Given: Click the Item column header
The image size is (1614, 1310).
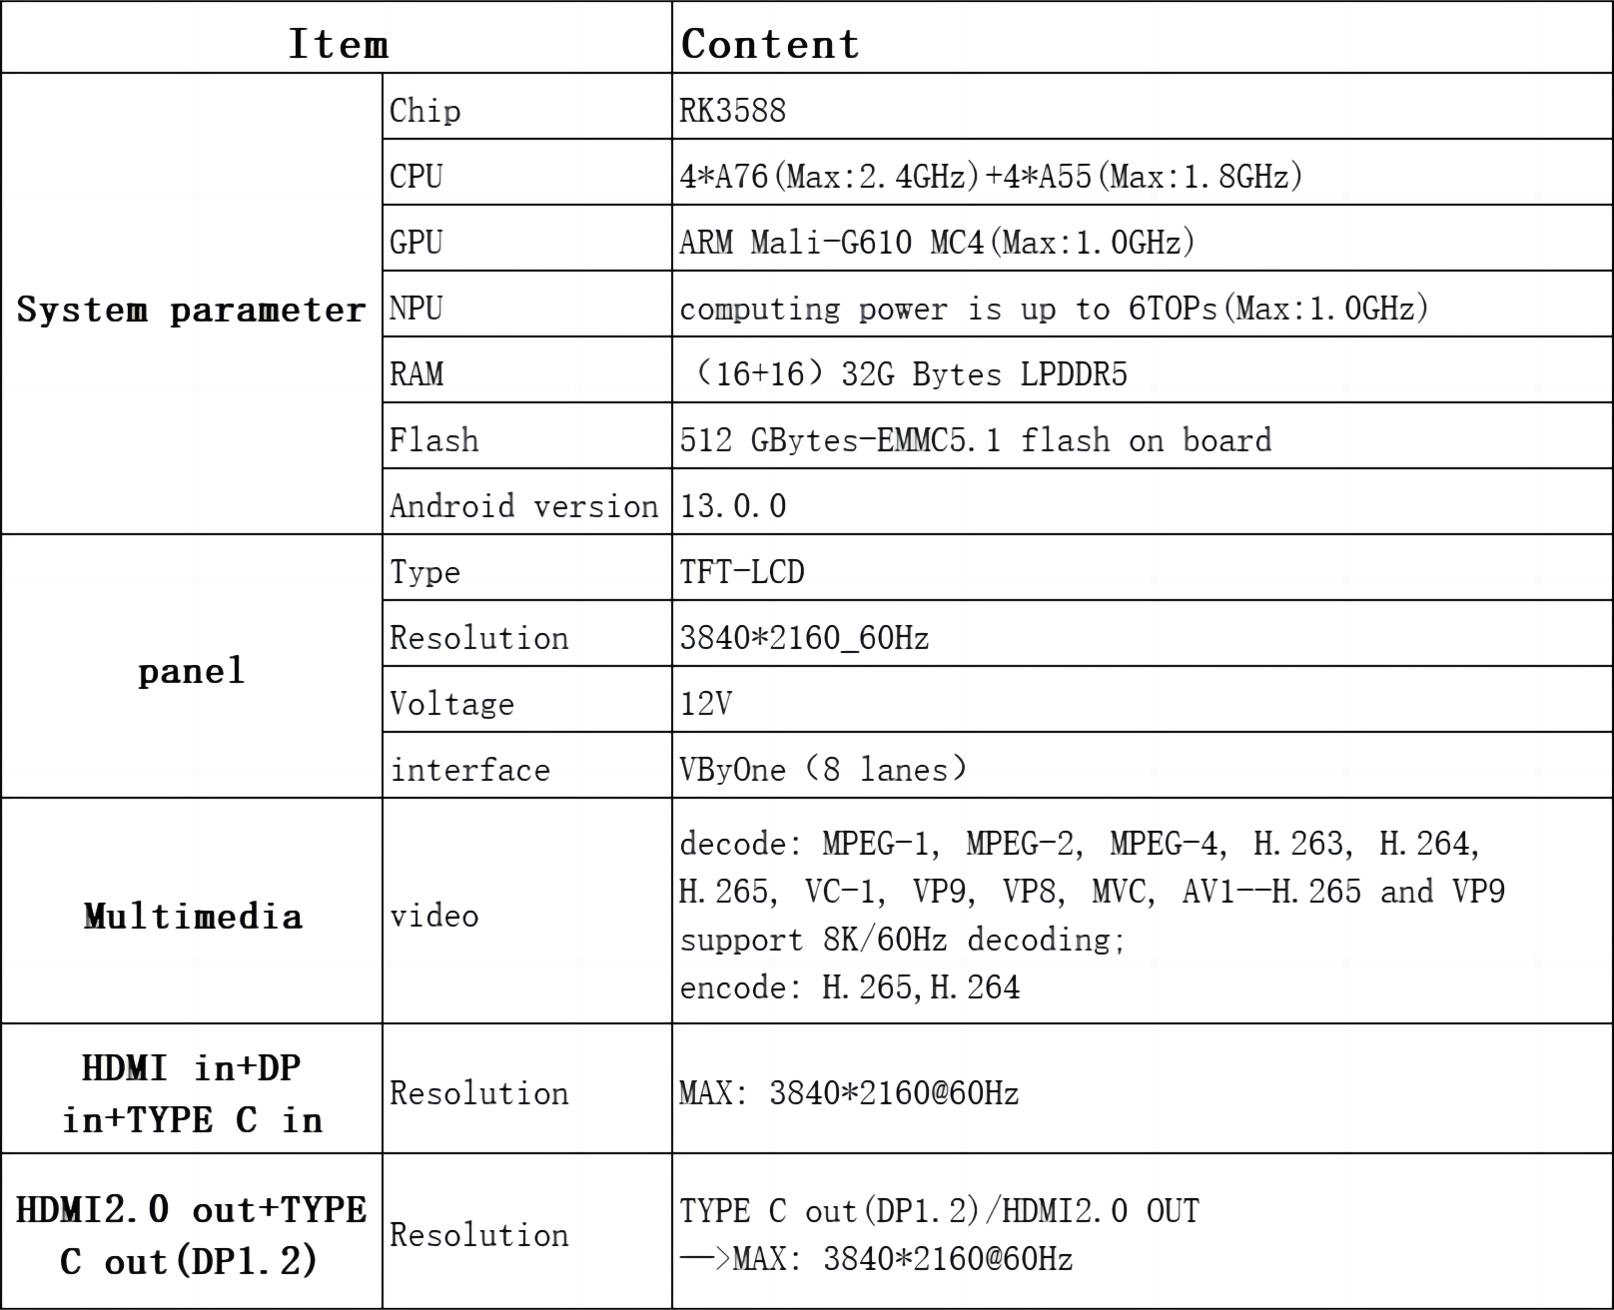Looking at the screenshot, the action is click(338, 44).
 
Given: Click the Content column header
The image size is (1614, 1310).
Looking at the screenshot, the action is click(770, 44).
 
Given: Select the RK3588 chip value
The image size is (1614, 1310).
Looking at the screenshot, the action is click(733, 111).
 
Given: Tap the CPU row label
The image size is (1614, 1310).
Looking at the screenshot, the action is click(416, 177).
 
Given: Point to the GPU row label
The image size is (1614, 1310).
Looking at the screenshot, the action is click(416, 243).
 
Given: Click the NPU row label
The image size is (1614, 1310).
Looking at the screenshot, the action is click(416, 309).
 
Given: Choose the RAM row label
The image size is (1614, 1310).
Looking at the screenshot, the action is click(416, 374).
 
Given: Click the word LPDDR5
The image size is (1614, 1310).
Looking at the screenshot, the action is click(1074, 374).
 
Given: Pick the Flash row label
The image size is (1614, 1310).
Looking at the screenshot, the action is click(434, 440).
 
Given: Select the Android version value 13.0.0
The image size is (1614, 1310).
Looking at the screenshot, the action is click(733, 506).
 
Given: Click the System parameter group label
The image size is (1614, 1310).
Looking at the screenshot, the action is click(191, 310).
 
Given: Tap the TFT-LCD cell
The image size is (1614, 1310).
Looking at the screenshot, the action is click(742, 572).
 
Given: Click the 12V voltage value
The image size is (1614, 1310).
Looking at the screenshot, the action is click(706, 704).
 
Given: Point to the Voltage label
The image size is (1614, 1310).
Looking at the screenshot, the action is click(452, 704).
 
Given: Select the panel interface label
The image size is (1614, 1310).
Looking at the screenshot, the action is click(469, 770).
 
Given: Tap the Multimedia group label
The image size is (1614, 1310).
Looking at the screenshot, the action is click(193, 917).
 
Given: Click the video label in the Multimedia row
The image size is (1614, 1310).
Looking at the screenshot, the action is click(434, 916).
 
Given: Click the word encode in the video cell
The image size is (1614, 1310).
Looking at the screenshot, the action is click(733, 988).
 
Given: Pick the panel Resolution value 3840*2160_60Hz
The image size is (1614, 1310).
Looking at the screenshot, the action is click(804, 638).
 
